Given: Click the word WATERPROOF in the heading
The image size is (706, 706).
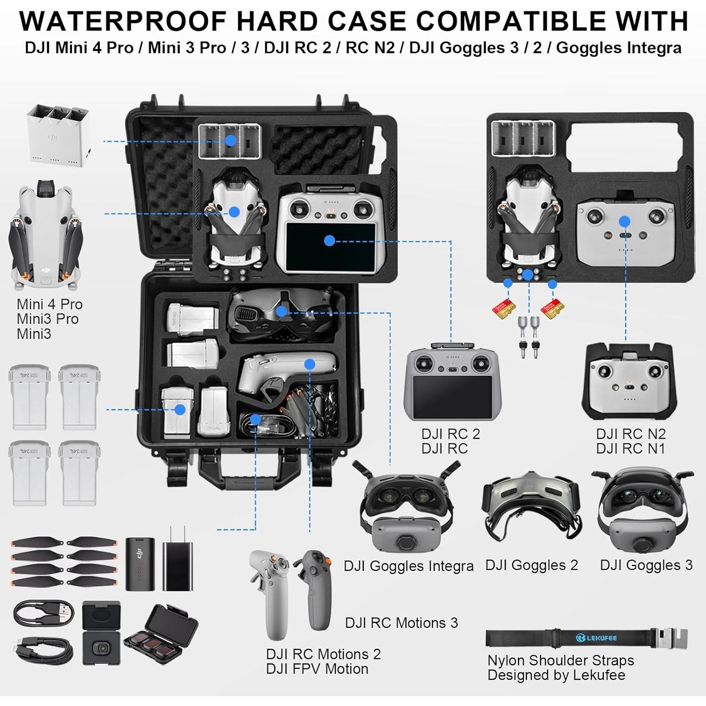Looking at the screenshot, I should pyautogui.click(x=123, y=21).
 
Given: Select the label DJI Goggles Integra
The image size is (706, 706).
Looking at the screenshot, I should pyautogui.click(x=408, y=566).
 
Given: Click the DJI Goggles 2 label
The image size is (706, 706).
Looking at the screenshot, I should pyautogui.click(x=531, y=565).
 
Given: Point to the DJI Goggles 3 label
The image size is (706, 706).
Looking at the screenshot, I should pyautogui.click(x=646, y=565).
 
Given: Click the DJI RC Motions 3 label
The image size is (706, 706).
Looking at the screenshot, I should pyautogui.click(x=401, y=623).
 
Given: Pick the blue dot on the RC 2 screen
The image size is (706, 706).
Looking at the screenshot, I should pyautogui.click(x=329, y=241).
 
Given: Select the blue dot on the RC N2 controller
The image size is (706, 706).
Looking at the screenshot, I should pyautogui.click(x=625, y=221).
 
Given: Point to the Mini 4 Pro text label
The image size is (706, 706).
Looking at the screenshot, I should pyautogui.click(x=49, y=304).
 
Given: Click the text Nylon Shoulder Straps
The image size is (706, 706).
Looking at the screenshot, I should pyautogui.click(x=560, y=660).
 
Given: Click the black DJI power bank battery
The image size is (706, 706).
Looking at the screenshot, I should pyautogui.click(x=140, y=564).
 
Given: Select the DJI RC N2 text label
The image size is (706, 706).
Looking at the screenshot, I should pyautogui.click(x=631, y=433).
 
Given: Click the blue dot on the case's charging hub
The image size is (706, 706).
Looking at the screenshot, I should pyautogui.click(x=231, y=140).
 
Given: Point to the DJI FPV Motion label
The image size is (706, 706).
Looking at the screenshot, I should pyautogui.click(x=317, y=669).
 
